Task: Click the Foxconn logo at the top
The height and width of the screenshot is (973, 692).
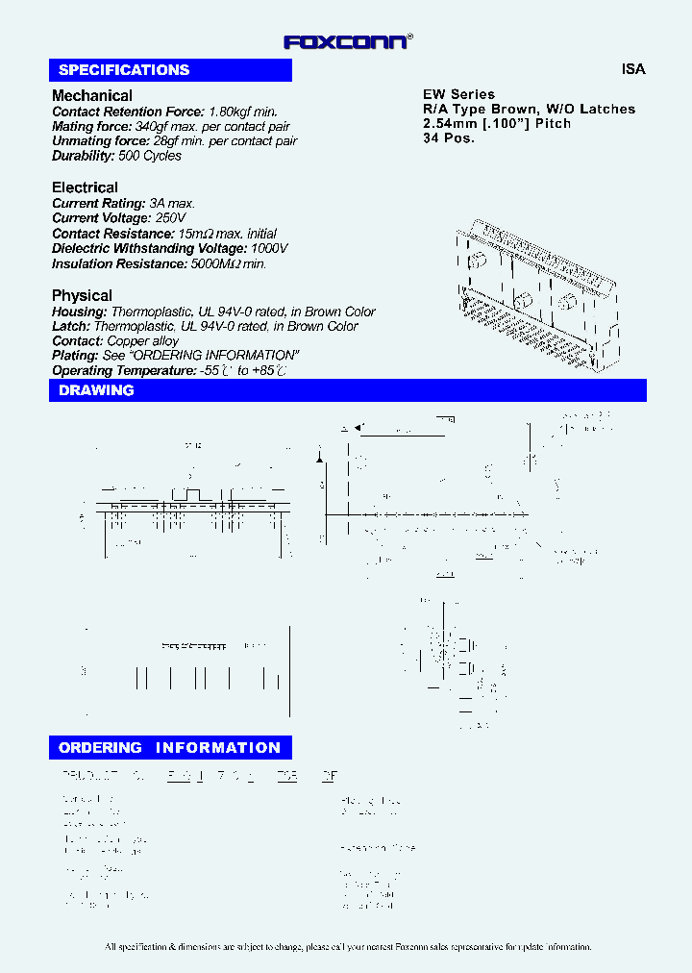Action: [348, 41]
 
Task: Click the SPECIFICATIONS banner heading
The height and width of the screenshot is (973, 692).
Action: [124, 70]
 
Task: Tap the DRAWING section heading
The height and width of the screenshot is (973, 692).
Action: [96, 390]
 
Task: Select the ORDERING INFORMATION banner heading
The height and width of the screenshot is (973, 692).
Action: [169, 748]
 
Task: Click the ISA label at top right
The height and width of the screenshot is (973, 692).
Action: [633, 69]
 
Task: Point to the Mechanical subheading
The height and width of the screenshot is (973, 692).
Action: [92, 95]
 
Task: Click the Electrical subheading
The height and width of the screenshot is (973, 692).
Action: [85, 187]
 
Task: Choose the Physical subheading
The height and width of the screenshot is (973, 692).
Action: [82, 295]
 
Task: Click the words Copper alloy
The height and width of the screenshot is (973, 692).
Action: [143, 341]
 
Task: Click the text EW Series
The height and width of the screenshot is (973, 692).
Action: [459, 94]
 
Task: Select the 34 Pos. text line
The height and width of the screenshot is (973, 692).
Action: [449, 137]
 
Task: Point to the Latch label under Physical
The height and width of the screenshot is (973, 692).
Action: [71, 327]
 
